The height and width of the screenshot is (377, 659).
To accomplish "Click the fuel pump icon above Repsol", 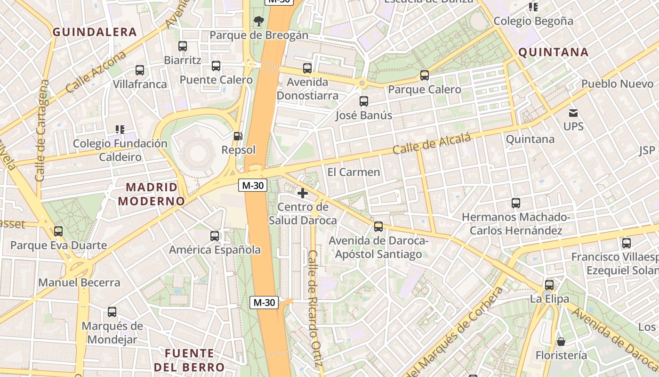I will [x=238, y=136].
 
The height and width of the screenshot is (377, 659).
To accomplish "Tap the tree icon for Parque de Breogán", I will [x=258, y=21].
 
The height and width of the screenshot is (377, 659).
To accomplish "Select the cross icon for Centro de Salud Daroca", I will [x=303, y=193].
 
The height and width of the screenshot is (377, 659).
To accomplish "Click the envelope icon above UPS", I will [x=573, y=113].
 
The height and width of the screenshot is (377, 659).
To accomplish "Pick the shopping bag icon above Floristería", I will [x=561, y=341].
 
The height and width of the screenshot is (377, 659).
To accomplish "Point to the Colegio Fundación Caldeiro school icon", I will [x=120, y=129].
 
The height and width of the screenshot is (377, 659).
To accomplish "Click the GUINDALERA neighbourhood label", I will [x=95, y=32].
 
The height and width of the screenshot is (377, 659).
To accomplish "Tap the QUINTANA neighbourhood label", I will [x=553, y=52].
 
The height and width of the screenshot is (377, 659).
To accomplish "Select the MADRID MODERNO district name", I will [x=151, y=194].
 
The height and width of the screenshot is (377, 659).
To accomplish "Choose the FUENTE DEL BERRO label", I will [x=189, y=360].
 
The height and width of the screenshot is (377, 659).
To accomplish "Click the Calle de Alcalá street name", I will [x=432, y=144].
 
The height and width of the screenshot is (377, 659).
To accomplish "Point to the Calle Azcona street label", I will [x=96, y=72].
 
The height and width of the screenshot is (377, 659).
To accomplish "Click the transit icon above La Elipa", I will [x=549, y=285].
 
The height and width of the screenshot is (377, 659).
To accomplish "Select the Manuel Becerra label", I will [x=79, y=283].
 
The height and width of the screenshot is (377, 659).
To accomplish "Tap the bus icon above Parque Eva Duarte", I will [x=58, y=231].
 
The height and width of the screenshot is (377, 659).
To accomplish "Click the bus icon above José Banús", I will [x=363, y=101].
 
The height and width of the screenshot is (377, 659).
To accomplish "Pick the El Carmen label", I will [x=354, y=172].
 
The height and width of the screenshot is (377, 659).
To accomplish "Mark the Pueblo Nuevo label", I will [x=617, y=84].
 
